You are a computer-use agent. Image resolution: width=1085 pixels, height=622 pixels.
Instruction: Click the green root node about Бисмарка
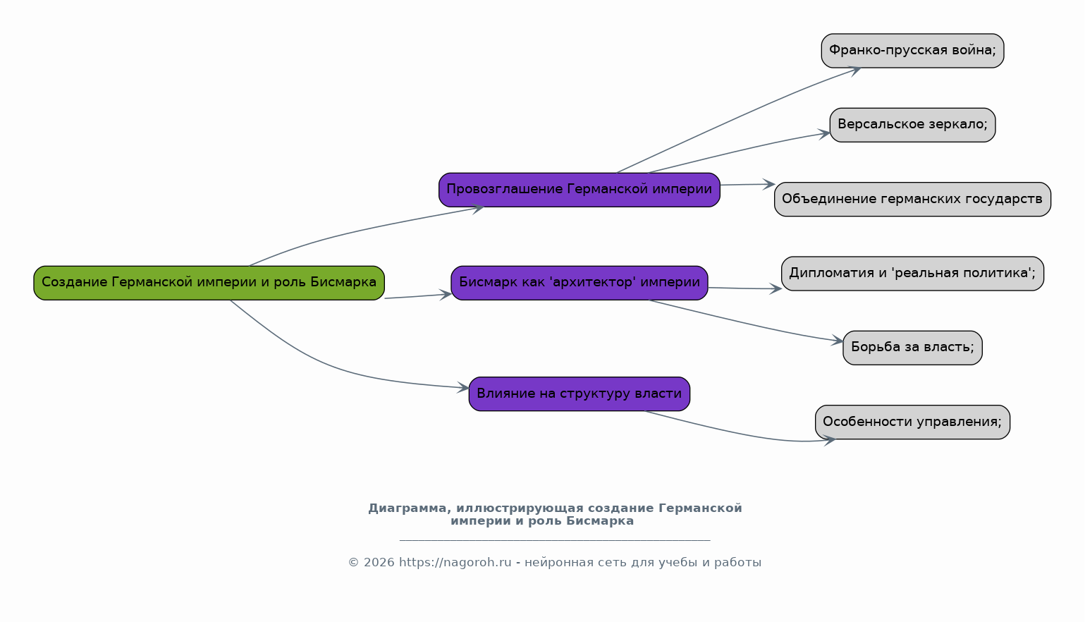[209, 283]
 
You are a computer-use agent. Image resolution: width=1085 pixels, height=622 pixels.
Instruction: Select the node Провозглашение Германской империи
[580, 190]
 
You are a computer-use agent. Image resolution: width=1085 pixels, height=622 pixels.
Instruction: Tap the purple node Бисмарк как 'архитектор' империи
[580, 283]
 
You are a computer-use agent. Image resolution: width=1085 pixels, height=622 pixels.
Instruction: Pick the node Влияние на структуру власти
[580, 394]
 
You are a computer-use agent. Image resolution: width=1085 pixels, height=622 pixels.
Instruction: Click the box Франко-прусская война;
[912, 51]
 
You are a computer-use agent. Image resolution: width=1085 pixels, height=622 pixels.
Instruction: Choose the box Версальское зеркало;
[912, 125]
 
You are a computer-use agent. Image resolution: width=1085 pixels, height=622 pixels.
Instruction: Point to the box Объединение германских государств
[912, 199]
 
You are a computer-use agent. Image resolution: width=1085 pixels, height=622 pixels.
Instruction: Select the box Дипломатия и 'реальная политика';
[912, 274]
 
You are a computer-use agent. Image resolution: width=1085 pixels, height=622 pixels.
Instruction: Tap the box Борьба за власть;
[912, 348]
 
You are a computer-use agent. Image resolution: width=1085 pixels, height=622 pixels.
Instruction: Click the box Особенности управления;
[912, 422]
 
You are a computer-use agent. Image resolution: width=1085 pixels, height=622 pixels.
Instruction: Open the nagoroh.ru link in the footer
[455, 563]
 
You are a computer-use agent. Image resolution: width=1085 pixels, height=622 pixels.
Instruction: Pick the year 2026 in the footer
[379, 563]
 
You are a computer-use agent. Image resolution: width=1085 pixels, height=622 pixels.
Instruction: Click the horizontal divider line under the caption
[555, 539]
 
